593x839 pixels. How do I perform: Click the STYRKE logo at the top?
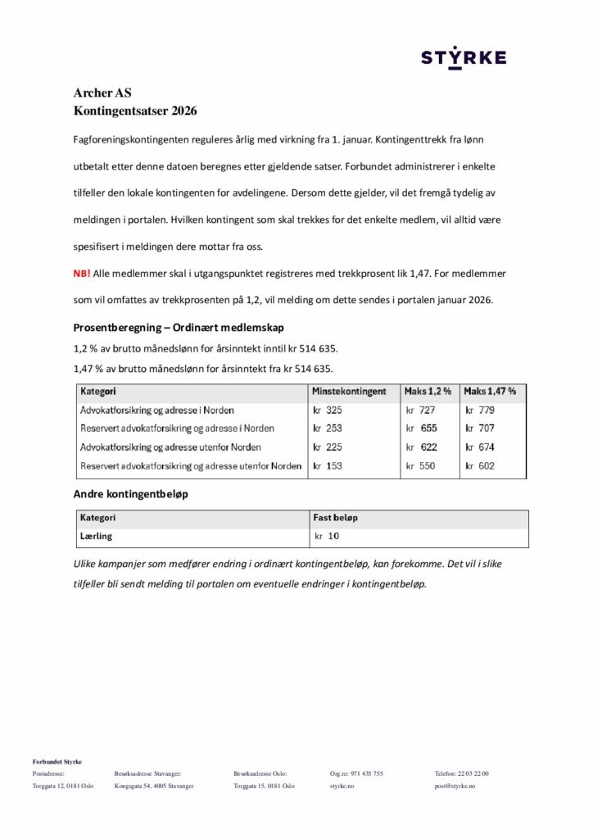click(463, 57)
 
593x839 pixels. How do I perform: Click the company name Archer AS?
click(97, 93)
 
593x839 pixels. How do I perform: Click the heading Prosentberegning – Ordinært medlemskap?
click(179, 327)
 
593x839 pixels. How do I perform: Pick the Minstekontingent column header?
click(349, 392)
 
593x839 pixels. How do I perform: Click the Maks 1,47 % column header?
click(490, 392)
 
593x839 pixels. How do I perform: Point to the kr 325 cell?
click(328, 410)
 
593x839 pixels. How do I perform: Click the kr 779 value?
click(480, 410)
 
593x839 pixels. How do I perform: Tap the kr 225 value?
click(328, 447)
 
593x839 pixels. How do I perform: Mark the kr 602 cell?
click(480, 466)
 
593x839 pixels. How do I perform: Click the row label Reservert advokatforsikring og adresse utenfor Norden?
click(191, 466)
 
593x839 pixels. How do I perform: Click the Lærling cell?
click(97, 537)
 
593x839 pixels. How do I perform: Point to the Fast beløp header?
click(336, 518)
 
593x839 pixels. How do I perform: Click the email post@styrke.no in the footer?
click(455, 786)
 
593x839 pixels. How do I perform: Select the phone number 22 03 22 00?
click(473, 773)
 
